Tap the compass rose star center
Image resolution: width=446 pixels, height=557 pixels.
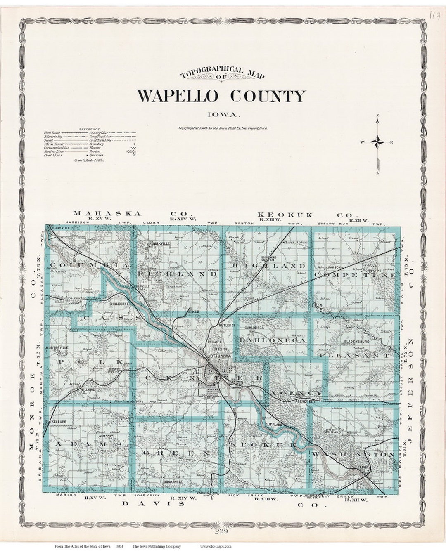377,142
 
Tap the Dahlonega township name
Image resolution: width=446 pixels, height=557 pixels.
273,340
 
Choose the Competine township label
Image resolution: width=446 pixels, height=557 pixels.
355,274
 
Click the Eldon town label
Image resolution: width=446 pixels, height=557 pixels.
363,467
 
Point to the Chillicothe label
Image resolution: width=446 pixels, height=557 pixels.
119,304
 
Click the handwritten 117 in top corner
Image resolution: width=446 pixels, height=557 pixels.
434,16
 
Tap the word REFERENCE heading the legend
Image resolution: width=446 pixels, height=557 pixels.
90,129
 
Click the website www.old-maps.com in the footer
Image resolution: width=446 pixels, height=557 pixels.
216,546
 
